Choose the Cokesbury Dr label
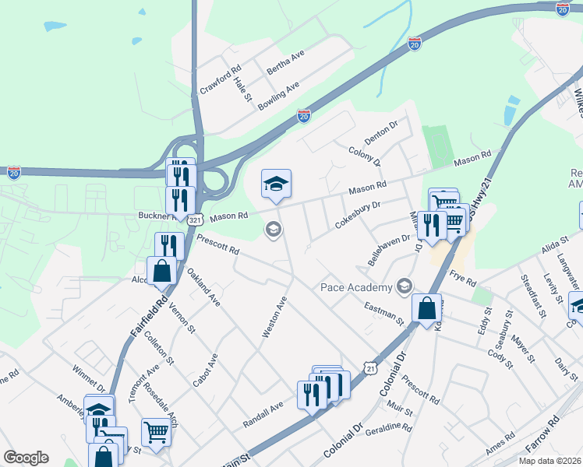pos(357,215)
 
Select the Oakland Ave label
pos(203,286)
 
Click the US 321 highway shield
pos(195,221)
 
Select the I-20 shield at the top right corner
pos(563,9)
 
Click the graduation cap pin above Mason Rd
pos(276,184)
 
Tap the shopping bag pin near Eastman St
pos(428,308)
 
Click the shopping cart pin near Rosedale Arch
pos(156,432)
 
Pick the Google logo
pos(26,458)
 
